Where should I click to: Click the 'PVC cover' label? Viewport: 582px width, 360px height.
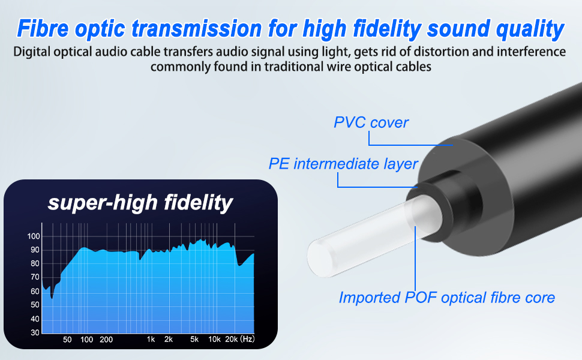click(371, 122)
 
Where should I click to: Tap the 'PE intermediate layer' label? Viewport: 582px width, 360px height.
click(343, 164)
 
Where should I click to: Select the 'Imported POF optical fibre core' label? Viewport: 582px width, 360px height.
click(446, 298)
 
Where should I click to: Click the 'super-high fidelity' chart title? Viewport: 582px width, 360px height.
click(140, 203)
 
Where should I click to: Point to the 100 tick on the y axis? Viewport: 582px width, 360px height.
click(34, 236)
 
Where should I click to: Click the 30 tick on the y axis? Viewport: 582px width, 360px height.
click(35, 332)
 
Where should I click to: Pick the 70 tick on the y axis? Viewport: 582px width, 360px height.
click(35, 277)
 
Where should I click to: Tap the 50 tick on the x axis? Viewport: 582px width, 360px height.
click(67, 340)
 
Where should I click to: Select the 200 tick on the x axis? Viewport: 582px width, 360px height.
click(106, 340)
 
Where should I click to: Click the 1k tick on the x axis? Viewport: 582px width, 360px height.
click(151, 339)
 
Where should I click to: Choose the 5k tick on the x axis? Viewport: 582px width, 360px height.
click(194, 339)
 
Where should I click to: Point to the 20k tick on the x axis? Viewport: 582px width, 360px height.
click(231, 339)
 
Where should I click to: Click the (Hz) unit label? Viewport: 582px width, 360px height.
click(247, 339)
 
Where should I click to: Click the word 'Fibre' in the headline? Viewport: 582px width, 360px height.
click(43, 29)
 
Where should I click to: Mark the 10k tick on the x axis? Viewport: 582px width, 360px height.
click(214, 339)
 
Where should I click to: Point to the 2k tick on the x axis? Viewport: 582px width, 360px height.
click(169, 339)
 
